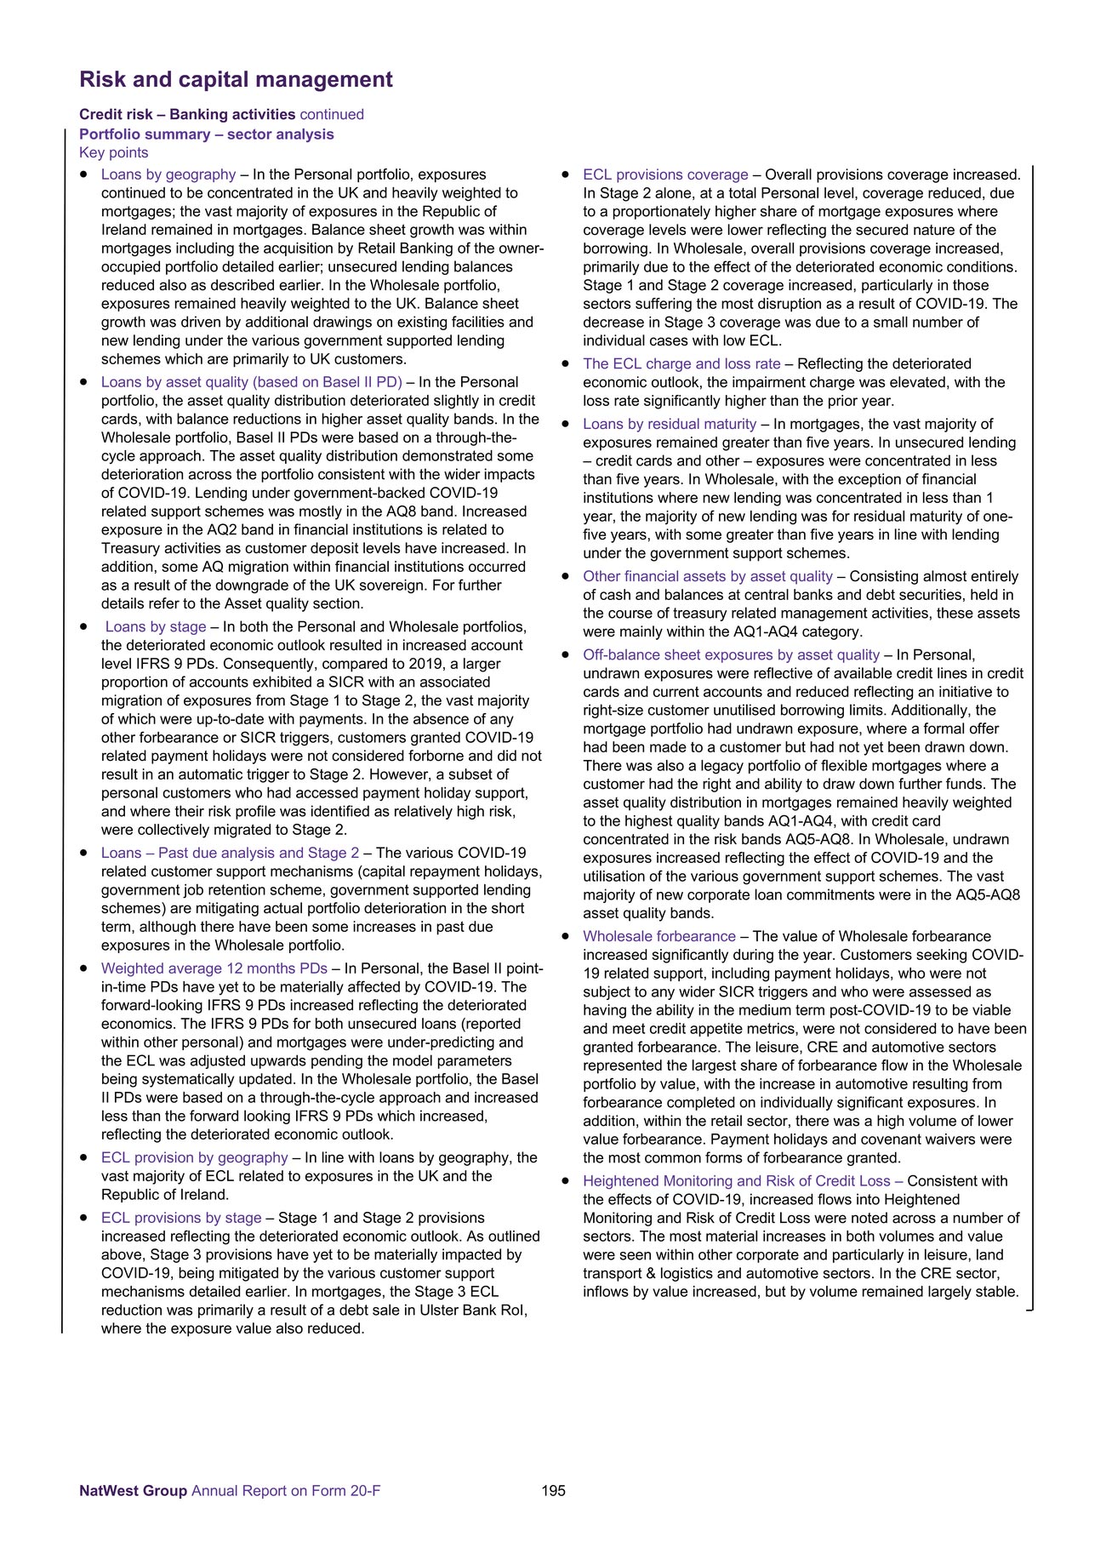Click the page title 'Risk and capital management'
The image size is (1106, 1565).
pyautogui.click(x=236, y=80)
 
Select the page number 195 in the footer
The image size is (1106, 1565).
pyautogui.click(x=553, y=1490)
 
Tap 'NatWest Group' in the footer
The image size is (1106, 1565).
pyautogui.click(x=133, y=1490)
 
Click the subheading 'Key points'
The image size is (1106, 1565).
pyautogui.click(x=113, y=153)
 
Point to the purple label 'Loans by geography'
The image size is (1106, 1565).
pyautogui.click(x=168, y=174)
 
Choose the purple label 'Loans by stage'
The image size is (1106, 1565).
pyautogui.click(x=156, y=627)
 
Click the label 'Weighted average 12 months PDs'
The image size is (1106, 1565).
pyautogui.click(x=214, y=968)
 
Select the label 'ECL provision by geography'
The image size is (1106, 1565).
pyautogui.click(x=195, y=1157)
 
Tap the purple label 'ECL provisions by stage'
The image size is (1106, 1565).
pyautogui.click(x=181, y=1218)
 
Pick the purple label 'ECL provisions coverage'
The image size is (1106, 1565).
pyautogui.click(x=665, y=174)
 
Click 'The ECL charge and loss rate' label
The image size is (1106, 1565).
pyautogui.click(x=681, y=364)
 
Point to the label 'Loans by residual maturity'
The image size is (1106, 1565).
pyautogui.click(x=670, y=424)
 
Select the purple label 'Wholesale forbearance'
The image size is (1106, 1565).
pyautogui.click(x=659, y=936)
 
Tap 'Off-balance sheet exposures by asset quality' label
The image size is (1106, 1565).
pyautogui.click(x=731, y=654)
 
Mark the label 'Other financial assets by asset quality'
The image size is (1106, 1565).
pyautogui.click(x=708, y=576)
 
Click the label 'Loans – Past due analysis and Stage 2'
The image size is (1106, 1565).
pyautogui.click(x=230, y=853)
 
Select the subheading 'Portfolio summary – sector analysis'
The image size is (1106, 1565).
pyautogui.click(x=207, y=134)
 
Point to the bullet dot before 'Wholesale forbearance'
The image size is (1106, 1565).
pyautogui.click(x=566, y=937)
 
